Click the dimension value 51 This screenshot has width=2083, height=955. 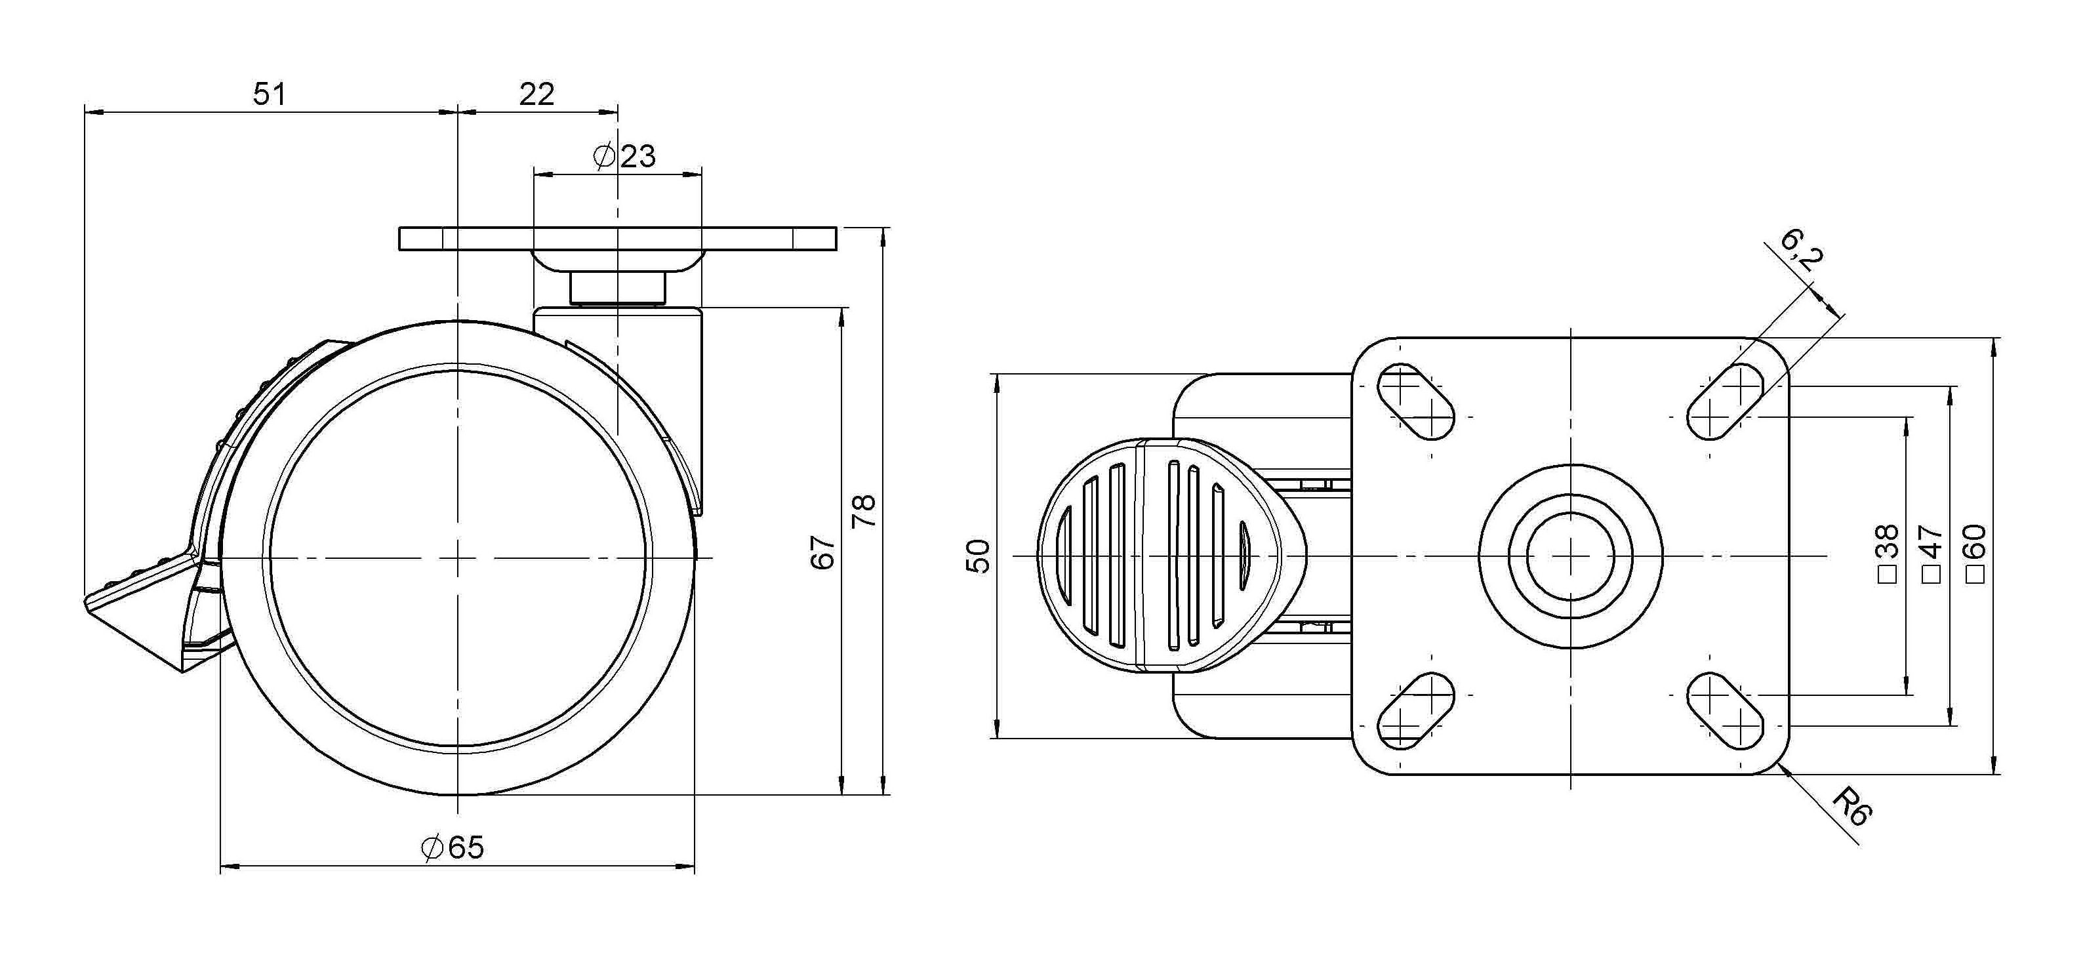point(270,94)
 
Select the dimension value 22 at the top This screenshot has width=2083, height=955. point(537,94)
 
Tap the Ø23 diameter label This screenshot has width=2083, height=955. point(624,156)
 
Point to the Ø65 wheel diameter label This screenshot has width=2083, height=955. point(453,847)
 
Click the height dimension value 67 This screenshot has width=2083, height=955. point(823,552)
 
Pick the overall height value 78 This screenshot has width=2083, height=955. point(864,510)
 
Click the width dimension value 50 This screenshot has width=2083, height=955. point(979,556)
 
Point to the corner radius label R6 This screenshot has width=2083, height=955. point(1851,807)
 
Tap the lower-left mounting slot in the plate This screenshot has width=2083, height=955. point(1415,711)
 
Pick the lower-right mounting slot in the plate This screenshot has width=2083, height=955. point(1726,711)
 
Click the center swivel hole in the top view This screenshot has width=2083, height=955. point(1570,556)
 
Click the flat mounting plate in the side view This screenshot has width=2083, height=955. point(617,239)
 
